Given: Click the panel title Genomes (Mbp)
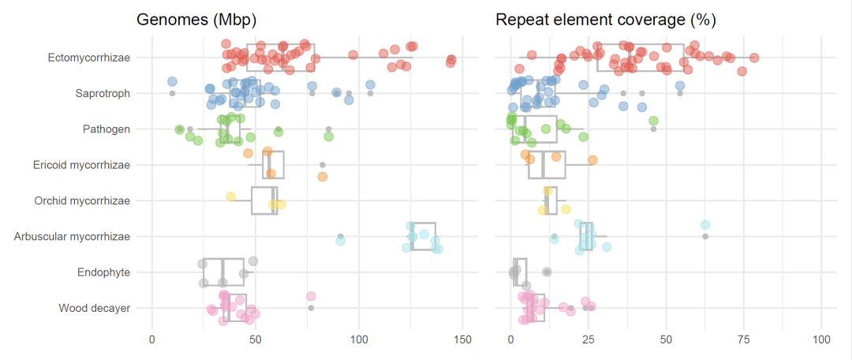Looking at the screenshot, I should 196,19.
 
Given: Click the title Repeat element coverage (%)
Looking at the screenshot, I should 595,19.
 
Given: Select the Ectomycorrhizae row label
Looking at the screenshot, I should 89,58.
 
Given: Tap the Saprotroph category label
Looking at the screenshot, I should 103,93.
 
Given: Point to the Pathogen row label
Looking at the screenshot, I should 106,129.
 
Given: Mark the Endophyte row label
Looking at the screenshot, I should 104,272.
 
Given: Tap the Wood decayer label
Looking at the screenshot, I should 95,308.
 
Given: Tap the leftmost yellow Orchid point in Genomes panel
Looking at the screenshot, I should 230,197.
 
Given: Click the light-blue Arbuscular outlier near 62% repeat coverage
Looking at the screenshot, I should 705,225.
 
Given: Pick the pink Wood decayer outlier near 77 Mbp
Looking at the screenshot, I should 311,296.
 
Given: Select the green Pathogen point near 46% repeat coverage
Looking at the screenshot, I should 653,121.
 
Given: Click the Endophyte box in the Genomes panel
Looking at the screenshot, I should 221,272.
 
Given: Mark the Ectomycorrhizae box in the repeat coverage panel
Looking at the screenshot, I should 641,58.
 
